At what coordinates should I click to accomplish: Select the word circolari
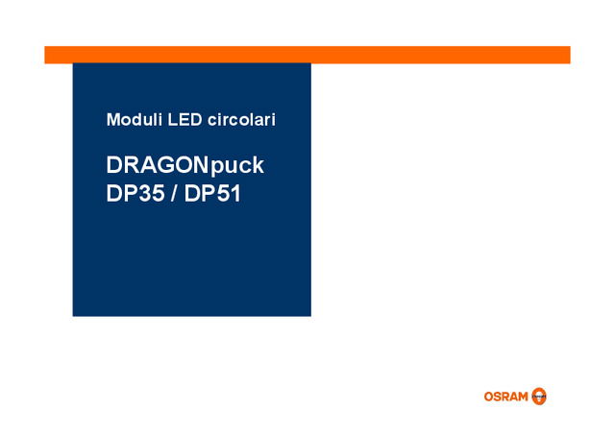pos(241,121)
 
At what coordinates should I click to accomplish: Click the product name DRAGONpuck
pos(184,166)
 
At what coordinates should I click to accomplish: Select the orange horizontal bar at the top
pos(307,55)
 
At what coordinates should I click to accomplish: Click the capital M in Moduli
pos(112,121)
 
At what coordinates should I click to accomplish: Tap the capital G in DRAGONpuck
pos(165,165)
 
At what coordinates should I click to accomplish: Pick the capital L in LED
pos(171,121)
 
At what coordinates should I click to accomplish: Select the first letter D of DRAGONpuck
pos(114,165)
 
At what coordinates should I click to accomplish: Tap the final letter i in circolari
pos(273,121)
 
